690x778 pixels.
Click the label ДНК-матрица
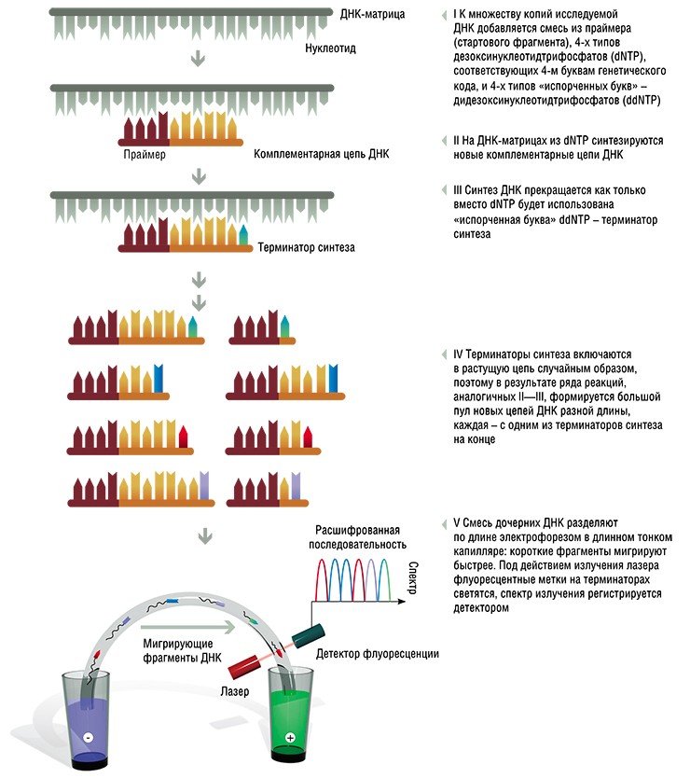point(372,14)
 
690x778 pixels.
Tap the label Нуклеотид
point(330,49)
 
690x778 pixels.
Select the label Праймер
point(145,154)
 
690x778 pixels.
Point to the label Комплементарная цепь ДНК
point(322,154)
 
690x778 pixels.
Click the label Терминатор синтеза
point(306,247)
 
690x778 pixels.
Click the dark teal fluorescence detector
point(308,636)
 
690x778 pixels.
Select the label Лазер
point(235,691)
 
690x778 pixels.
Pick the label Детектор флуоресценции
point(378,653)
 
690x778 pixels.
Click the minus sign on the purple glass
point(89,738)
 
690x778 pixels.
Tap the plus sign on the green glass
point(291,738)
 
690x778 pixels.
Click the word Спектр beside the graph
point(413,577)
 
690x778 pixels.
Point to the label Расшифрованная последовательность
point(357,537)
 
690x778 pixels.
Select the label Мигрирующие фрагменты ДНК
point(182,650)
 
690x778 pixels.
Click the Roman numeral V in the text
point(457,523)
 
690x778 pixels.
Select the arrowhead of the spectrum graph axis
point(402,602)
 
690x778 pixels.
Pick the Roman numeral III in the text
point(457,190)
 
